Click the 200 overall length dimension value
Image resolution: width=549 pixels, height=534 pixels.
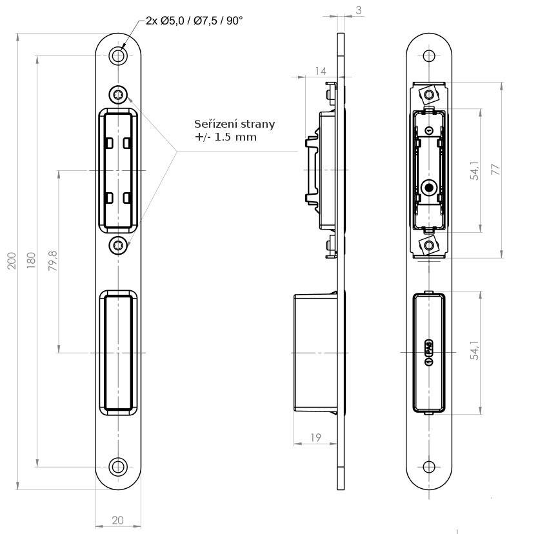coord(12,260)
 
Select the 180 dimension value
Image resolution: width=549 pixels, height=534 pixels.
coord(30,260)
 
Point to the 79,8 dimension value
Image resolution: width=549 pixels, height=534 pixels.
coord(53,261)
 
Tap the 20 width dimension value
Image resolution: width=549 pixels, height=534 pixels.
coord(118,520)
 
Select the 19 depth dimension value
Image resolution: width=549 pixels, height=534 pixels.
coord(315,438)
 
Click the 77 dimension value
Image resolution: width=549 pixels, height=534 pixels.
coord(495,170)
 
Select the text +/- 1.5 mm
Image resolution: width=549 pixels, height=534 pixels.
coord(226,137)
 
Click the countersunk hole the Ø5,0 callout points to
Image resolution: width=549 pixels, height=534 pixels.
coord(118,55)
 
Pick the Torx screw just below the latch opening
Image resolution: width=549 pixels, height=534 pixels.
coord(118,244)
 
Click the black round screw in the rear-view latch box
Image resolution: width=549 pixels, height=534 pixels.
coord(428,188)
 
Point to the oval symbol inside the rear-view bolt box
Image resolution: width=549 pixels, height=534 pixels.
coord(428,352)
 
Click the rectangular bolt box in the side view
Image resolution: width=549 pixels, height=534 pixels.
coord(315,352)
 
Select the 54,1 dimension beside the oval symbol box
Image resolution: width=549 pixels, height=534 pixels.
coord(475,352)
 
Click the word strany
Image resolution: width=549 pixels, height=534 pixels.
coord(256,124)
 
